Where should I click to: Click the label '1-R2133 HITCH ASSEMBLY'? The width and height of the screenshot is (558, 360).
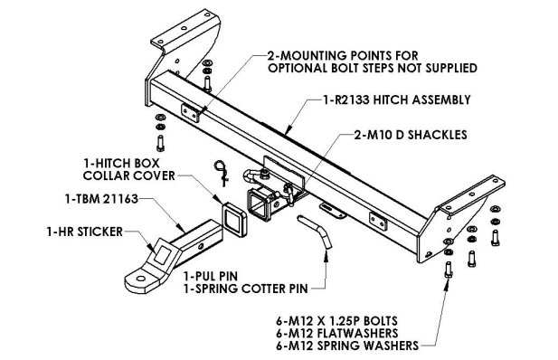[x=397, y=99]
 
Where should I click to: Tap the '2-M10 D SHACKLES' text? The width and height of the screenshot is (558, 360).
[x=411, y=135]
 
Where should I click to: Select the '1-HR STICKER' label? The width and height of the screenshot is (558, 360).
[x=85, y=232]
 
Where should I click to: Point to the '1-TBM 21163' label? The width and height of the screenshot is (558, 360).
[x=101, y=199]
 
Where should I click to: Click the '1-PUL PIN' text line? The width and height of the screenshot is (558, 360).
[x=211, y=276]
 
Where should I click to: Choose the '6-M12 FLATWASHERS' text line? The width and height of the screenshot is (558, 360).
[x=337, y=333]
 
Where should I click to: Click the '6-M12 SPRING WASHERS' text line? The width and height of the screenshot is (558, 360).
[x=347, y=346]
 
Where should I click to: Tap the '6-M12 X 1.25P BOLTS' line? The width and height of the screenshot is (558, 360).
[x=336, y=321]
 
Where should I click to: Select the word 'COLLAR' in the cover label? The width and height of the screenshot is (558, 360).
[x=105, y=175]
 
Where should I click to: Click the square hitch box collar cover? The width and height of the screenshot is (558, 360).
[x=234, y=219]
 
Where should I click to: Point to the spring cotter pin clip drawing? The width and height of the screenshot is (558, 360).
[x=221, y=172]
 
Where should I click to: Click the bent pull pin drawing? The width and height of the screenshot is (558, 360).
[x=316, y=232]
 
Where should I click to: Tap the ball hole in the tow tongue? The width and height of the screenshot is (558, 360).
[x=140, y=279]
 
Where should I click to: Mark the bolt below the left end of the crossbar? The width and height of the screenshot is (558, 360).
[x=160, y=144]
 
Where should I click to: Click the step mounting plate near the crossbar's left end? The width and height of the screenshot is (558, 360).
[x=191, y=112]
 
